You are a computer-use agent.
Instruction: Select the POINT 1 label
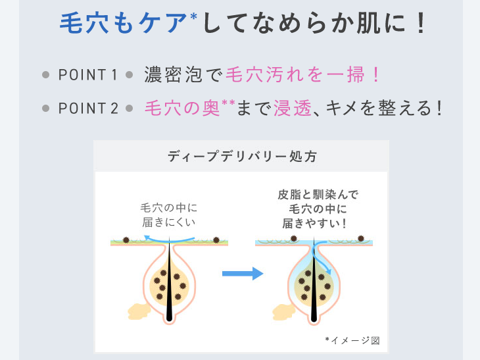click(87, 74)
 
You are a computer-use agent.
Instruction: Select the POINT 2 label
click(88, 108)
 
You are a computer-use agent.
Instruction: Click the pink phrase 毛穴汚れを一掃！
click(302, 74)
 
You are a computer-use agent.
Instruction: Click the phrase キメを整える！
click(382, 108)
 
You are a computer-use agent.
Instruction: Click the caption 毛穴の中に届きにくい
click(169, 215)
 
